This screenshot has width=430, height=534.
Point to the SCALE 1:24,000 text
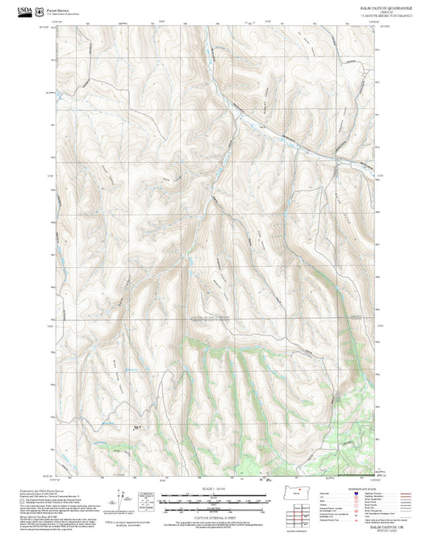[x=215, y=489]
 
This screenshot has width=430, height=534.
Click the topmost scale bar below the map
[x=215, y=495]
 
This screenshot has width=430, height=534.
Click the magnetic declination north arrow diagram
[x=147, y=498]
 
